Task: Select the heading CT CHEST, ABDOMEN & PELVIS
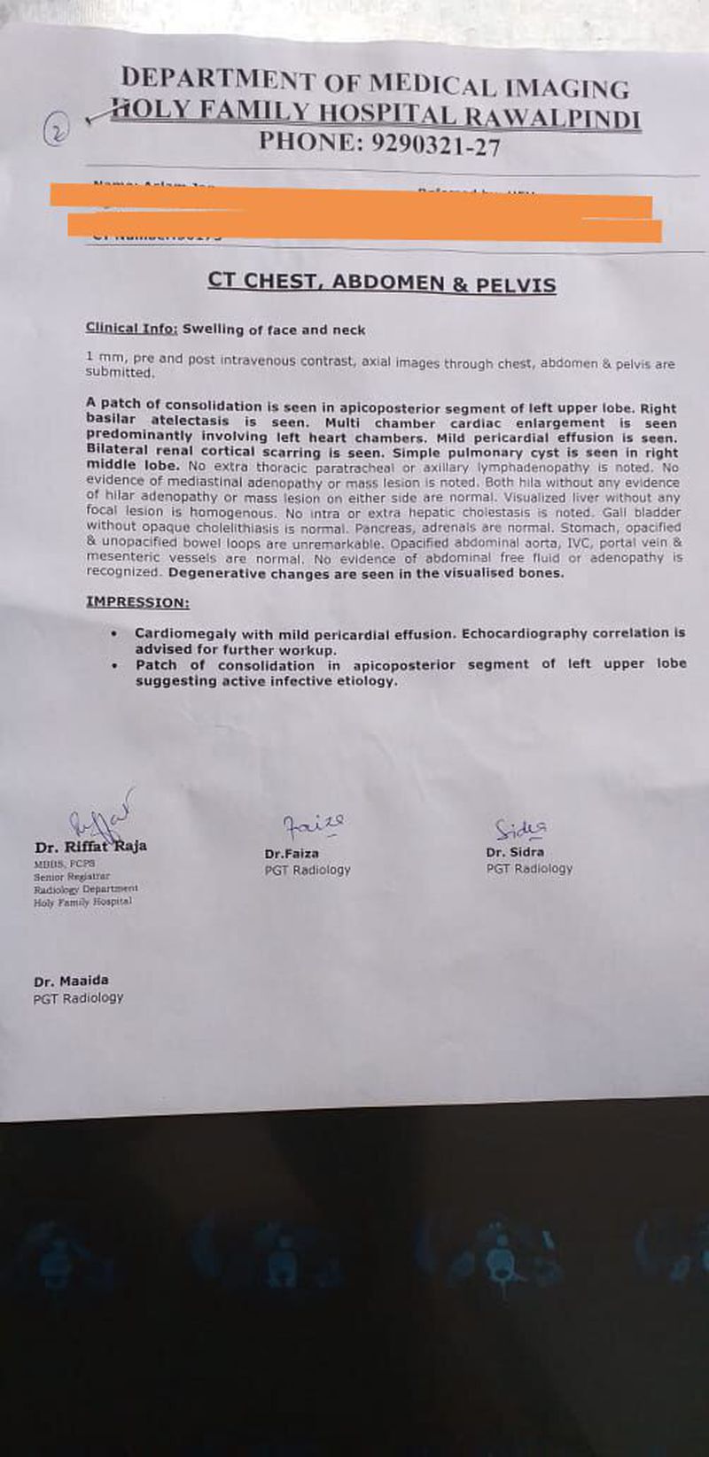point(381,283)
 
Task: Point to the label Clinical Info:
point(131,329)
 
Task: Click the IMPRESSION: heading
point(137,602)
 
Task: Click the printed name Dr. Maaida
point(71,980)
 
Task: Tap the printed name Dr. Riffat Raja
point(90,846)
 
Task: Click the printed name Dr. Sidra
point(515,852)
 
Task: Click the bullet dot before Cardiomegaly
point(114,634)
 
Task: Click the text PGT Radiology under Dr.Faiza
point(308,870)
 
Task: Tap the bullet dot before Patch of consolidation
point(114,664)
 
